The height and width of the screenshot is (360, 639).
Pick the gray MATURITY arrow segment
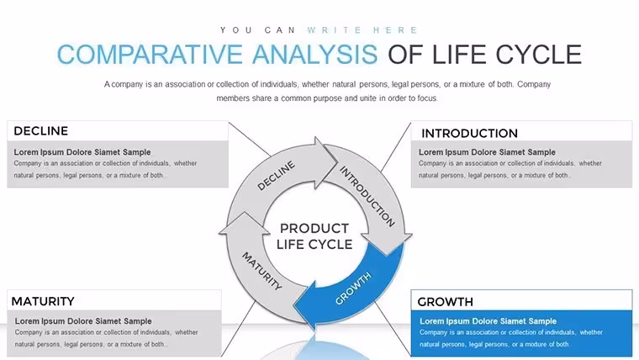(256, 269)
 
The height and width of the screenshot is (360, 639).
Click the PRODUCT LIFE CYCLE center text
(314, 236)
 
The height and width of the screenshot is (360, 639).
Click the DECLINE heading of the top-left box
(40, 131)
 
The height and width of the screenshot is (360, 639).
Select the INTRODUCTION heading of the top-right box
(469, 134)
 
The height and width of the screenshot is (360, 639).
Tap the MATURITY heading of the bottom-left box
(43, 301)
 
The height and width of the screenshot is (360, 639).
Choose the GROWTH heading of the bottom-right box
(445, 302)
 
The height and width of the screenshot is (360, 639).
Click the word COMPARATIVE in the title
(150, 55)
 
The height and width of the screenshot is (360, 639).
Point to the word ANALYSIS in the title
(315, 55)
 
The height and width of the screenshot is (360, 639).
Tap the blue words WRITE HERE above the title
(362, 30)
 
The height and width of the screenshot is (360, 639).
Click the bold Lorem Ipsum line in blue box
(488, 321)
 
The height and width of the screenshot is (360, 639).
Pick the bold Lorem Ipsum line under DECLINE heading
(82, 152)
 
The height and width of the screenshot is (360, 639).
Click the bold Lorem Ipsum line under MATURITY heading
(83, 321)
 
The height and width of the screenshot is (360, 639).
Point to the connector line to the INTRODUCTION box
(396, 146)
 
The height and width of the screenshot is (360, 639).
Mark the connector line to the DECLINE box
(250, 139)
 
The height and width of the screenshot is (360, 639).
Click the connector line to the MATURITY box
(239, 329)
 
